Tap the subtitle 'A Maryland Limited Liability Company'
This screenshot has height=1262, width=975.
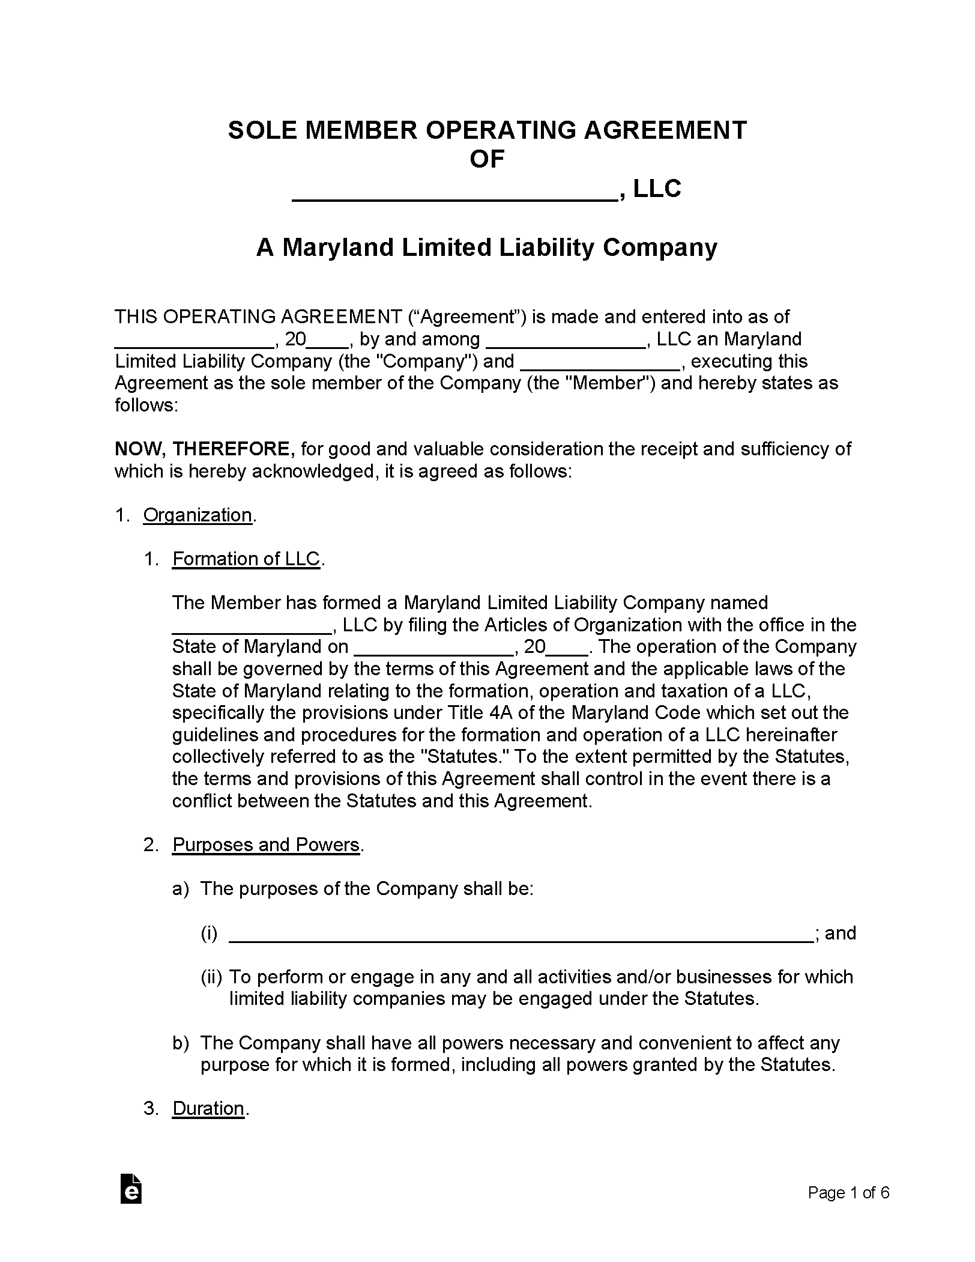[x=486, y=247]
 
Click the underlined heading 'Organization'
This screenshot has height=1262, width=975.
[x=198, y=515]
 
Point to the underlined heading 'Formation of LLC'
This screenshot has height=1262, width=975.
[x=246, y=559]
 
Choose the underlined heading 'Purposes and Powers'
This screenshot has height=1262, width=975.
[x=266, y=845]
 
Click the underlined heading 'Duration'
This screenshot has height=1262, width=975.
[x=208, y=1108]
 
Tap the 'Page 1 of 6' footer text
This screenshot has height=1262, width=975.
[x=848, y=1192]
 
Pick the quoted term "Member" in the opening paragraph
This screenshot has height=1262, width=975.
[x=608, y=383]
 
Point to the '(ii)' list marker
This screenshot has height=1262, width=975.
[x=211, y=977]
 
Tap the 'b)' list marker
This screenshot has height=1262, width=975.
[x=181, y=1043]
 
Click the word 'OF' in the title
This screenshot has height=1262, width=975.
[x=486, y=160]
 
